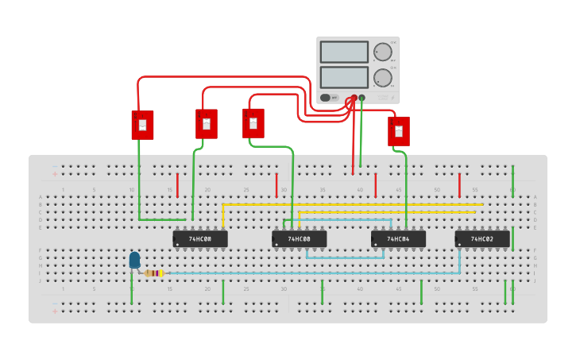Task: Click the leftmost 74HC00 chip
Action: (200, 238)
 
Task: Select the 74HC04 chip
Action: (398, 238)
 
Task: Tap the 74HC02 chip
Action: (482, 238)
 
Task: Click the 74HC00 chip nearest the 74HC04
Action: (300, 238)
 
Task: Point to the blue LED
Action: (134, 260)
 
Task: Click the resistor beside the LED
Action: (154, 273)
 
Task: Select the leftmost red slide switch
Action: (142, 125)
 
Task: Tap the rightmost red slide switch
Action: (398, 130)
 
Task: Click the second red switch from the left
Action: (206, 123)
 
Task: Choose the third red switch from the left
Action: (253, 122)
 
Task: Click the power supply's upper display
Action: (344, 52)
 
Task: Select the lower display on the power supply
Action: (344, 77)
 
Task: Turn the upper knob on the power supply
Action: (383, 52)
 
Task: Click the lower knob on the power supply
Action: (383, 78)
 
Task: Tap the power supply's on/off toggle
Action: (326, 98)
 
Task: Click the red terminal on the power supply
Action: (354, 98)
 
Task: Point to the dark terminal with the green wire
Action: (361, 98)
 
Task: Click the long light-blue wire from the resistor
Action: (318, 273)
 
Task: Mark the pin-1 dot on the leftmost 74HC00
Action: (177, 244)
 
